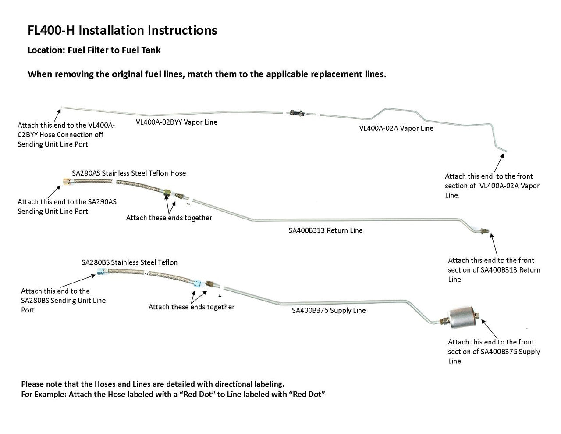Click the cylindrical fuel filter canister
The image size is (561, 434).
point(462,317)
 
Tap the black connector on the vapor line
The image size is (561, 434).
point(297,113)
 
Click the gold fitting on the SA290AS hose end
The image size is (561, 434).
point(67,182)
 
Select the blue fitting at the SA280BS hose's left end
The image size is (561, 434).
point(101,271)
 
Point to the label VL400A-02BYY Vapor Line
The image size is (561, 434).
point(176,122)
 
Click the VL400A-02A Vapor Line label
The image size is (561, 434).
point(396,128)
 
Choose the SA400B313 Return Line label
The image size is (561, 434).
point(325,230)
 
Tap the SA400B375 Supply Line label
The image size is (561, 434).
point(329,310)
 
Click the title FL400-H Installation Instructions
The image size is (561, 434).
point(122,30)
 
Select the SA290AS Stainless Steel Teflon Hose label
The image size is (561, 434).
point(129,173)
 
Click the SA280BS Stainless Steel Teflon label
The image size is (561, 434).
point(129,262)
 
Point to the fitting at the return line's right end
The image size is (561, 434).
point(484,231)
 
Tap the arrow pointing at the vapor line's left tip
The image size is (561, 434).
point(57,115)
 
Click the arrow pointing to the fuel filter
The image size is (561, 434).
point(489,329)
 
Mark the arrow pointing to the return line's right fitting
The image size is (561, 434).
point(494,244)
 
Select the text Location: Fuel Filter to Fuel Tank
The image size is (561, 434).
point(94,50)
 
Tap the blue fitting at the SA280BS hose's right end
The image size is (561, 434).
point(197,282)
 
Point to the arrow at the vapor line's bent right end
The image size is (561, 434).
point(499,163)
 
